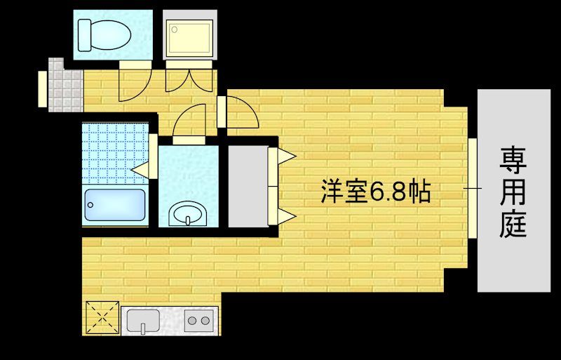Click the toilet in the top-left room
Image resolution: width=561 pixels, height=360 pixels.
pyautogui.click(x=102, y=32)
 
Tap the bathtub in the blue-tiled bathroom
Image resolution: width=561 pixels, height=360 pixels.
pyautogui.click(x=114, y=206)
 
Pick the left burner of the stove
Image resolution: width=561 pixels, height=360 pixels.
pyautogui.click(x=192, y=322)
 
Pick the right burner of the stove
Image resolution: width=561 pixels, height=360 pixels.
pyautogui.click(x=206, y=322)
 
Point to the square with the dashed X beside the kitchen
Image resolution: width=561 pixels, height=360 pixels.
pyautogui.click(x=101, y=317)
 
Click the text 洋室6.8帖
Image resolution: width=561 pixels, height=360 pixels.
pyautogui.click(x=375, y=192)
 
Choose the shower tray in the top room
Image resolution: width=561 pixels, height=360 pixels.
pyautogui.click(x=188, y=35)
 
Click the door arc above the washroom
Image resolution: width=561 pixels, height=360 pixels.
pyautogui.click(x=190, y=121)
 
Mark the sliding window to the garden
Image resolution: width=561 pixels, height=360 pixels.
pyautogui.click(x=473, y=188)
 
